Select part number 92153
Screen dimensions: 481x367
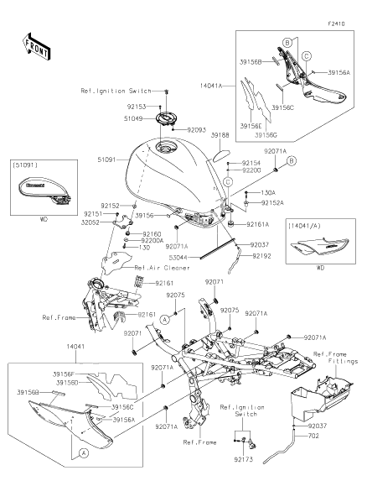click(137, 107)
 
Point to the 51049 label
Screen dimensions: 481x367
click(137, 118)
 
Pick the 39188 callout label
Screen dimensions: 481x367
click(220, 134)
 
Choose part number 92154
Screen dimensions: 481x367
click(251, 161)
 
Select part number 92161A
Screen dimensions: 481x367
click(258, 225)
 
